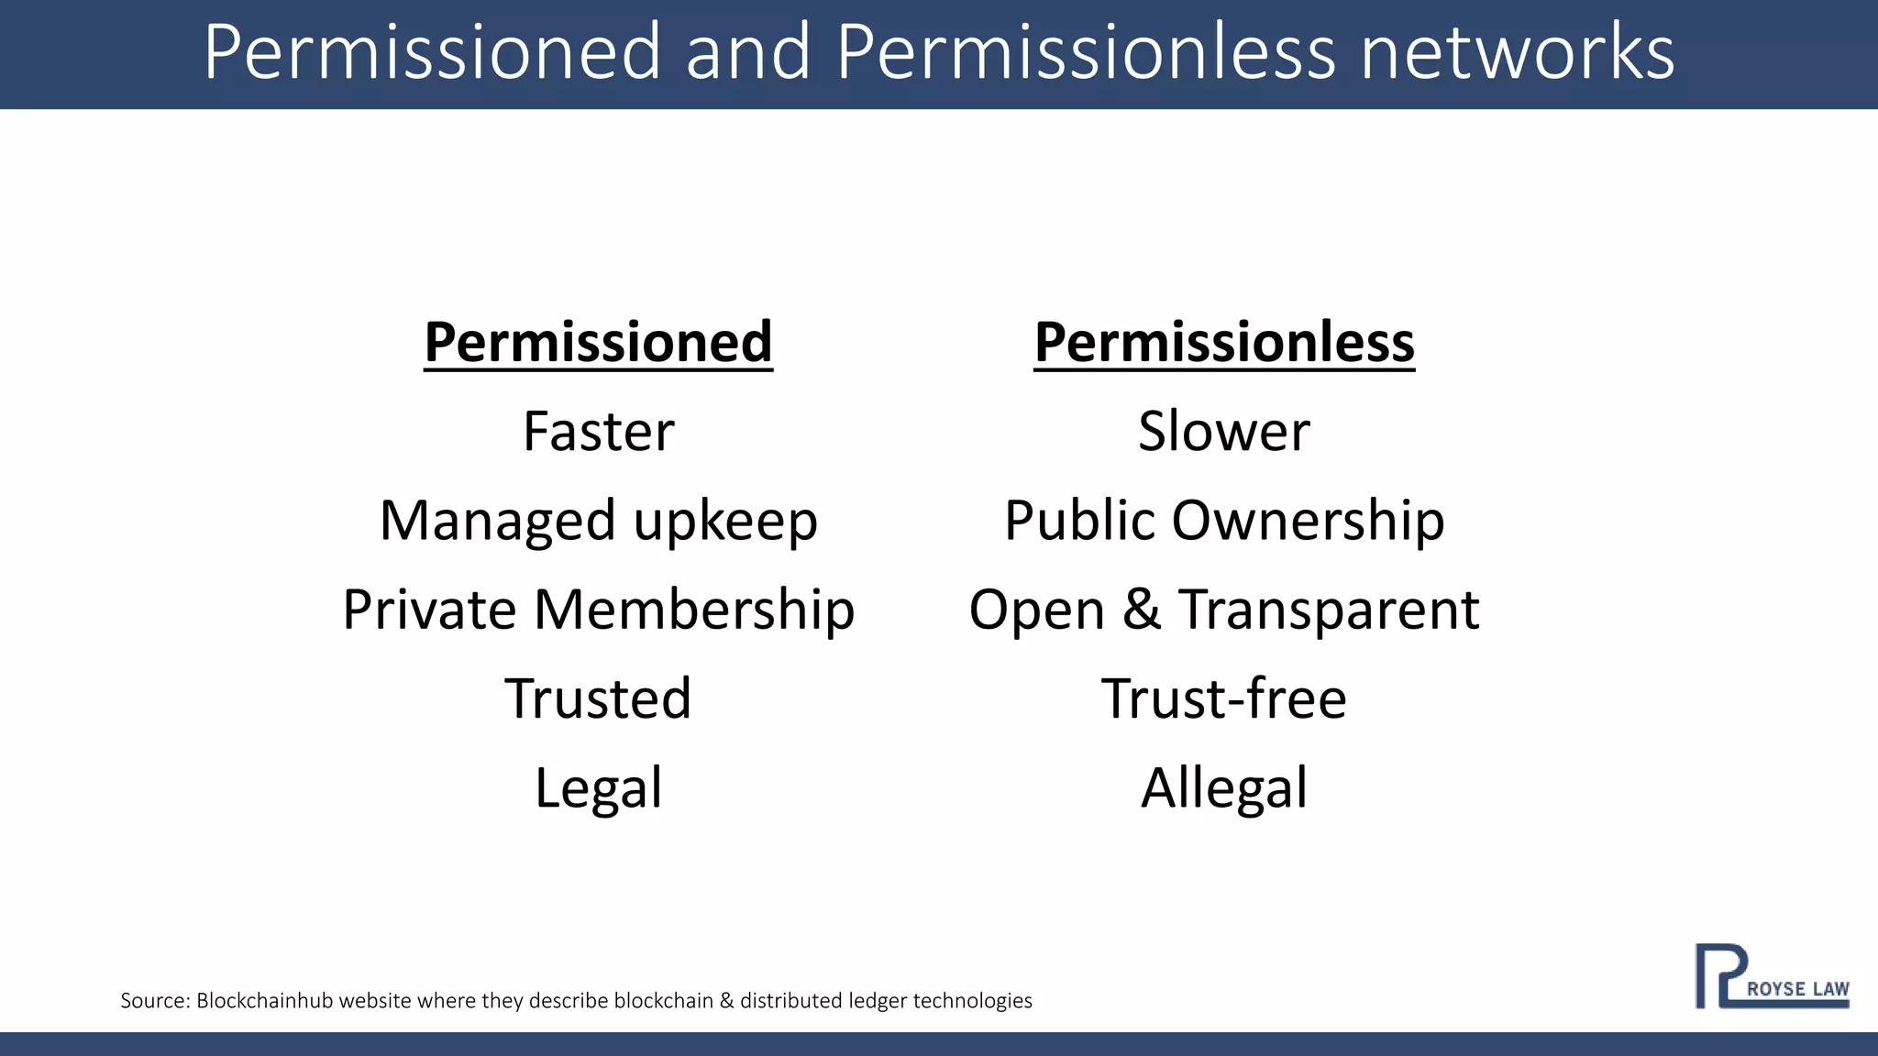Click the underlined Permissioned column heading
tap(598, 343)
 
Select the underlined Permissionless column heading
tap(1224, 343)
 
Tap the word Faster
tap(598, 431)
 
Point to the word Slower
tap(1224, 431)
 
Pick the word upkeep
tap(725, 522)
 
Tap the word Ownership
tap(1308, 522)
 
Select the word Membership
tap(694, 610)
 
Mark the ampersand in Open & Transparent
tap(1141, 610)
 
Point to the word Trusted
tap(598, 698)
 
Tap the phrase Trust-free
tap(1224, 698)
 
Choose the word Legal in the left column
tap(598, 788)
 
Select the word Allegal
tap(1224, 788)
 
